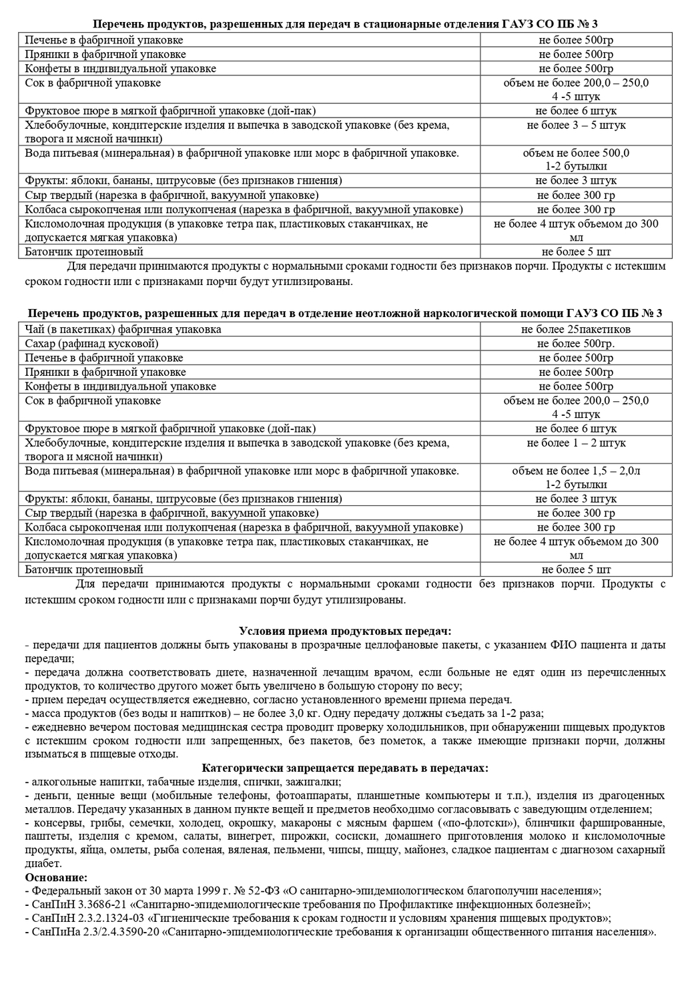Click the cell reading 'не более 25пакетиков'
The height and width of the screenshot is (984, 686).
(x=576, y=329)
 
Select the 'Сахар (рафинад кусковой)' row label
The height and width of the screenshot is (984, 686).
(x=91, y=344)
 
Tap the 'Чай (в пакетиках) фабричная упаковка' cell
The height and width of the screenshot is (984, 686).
(x=123, y=329)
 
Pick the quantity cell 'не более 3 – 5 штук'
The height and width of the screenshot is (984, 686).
(x=576, y=125)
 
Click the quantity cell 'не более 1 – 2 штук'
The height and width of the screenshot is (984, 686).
(x=576, y=443)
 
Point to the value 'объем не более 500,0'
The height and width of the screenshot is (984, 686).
(x=576, y=153)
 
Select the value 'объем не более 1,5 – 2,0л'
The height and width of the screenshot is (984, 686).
(x=576, y=471)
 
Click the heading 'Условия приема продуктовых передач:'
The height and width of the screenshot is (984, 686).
(x=344, y=631)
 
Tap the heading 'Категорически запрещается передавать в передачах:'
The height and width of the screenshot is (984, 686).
(x=344, y=768)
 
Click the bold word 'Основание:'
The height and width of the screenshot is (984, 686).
(x=55, y=877)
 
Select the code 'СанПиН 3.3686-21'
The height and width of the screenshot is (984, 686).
(x=74, y=905)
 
